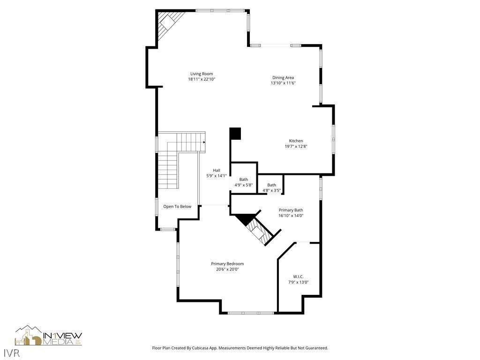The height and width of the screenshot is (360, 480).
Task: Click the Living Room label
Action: point(202,74)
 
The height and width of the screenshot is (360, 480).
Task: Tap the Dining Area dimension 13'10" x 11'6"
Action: point(283,83)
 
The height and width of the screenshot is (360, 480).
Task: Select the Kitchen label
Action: point(296,141)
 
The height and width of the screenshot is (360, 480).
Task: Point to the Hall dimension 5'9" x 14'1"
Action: point(217,176)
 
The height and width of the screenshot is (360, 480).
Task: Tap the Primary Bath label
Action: point(291,210)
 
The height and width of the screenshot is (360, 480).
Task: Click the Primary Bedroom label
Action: point(227,263)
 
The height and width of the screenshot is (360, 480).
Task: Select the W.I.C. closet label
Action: point(298,277)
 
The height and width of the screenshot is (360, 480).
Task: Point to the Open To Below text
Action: point(177,206)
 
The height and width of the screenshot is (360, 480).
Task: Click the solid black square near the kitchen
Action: point(235,134)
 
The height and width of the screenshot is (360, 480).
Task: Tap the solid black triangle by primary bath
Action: point(245,219)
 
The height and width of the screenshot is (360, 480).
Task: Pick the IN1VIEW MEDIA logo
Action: point(49,336)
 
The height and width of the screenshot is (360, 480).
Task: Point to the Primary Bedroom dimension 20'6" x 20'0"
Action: point(227,270)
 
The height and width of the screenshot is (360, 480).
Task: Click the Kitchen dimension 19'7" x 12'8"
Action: point(296,146)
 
